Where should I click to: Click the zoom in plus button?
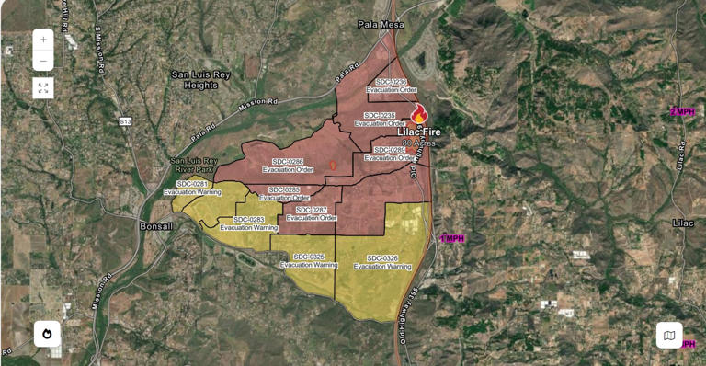tap(43, 40)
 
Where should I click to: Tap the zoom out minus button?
tap(43, 62)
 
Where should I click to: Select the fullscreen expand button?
tap(43, 88)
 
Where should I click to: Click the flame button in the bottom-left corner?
tap(47, 333)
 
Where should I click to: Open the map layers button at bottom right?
tap(669, 336)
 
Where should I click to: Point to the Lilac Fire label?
tap(418, 132)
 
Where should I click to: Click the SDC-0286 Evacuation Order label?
tap(288, 166)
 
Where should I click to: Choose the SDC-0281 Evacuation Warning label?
tap(192, 188)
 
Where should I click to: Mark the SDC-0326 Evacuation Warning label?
tap(382, 261)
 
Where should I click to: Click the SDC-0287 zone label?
tap(312, 213)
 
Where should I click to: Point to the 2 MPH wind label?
tap(682, 112)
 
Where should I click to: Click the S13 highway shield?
tap(125, 120)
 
